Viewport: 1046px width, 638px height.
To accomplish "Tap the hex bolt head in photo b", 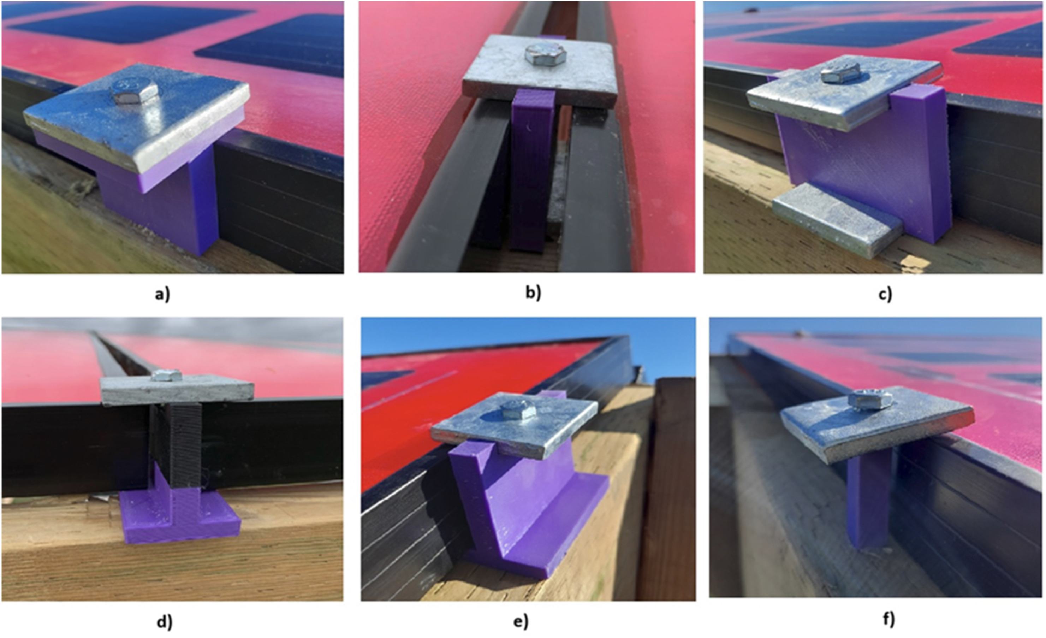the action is tap(546, 54).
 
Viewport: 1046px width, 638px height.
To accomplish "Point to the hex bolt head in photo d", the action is tap(167, 375).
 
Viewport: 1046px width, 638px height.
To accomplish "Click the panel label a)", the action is tap(162, 294).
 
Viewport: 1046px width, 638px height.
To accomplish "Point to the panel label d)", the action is tap(165, 621).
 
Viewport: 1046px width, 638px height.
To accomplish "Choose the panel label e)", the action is tap(521, 621).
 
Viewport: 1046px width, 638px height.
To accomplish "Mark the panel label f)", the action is tap(889, 619).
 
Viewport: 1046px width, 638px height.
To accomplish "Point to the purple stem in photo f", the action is tap(868, 501).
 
